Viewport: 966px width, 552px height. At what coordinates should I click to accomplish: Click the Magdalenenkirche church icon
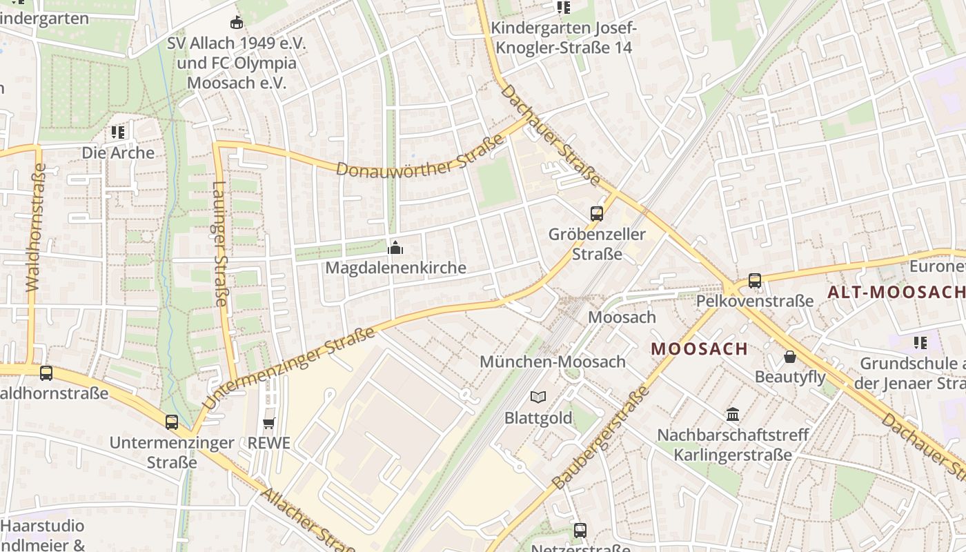[395, 247]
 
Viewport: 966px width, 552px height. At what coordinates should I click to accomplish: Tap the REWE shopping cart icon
[269, 423]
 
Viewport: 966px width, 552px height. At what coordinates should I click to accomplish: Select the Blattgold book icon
[538, 397]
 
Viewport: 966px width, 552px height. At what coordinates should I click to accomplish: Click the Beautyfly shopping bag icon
[790, 357]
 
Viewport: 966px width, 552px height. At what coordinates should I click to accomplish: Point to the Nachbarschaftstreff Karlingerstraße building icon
[733, 415]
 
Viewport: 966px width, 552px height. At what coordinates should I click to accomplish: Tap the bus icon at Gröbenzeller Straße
[597, 214]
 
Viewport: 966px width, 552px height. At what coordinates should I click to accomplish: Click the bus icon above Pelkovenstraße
[755, 281]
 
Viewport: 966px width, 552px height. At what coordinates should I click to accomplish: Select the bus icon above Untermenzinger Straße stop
[172, 422]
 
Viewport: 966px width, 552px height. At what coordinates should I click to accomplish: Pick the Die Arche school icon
[118, 132]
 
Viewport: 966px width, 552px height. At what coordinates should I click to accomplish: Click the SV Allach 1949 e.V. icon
[237, 23]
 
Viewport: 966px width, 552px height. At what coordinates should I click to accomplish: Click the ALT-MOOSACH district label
[896, 292]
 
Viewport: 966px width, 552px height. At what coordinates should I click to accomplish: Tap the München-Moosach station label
[553, 362]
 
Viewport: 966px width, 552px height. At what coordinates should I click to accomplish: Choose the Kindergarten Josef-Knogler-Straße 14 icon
[564, 8]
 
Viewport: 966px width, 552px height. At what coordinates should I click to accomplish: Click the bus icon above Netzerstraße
[580, 530]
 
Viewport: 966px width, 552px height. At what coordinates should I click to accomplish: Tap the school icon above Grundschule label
[920, 342]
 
